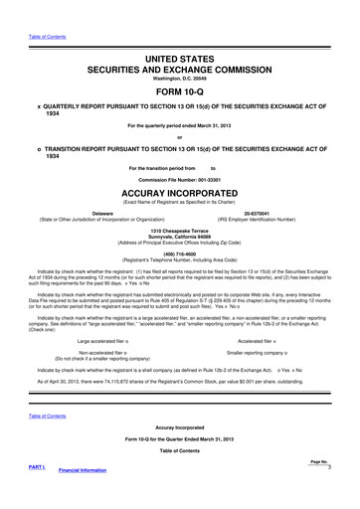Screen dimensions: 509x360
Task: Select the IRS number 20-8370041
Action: (270, 212)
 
